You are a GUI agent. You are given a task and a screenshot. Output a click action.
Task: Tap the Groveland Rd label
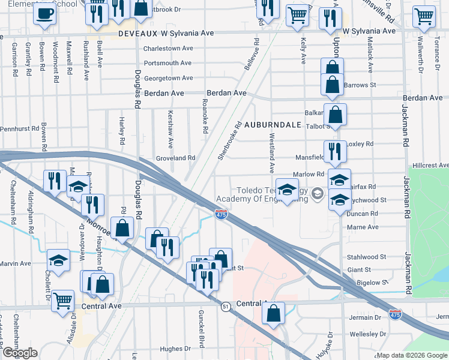(176, 158)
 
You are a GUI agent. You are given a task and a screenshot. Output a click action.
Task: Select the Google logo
(20, 353)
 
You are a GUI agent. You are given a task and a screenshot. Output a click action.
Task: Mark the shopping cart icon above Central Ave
(62, 300)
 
